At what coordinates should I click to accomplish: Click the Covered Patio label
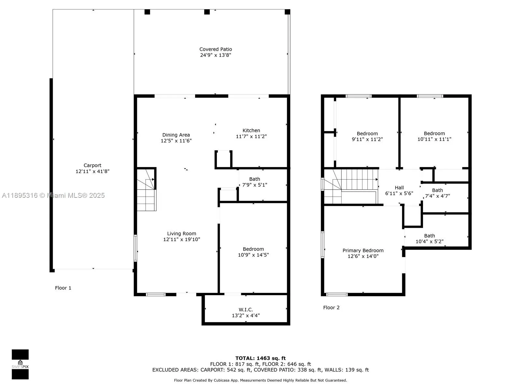pos(216,50)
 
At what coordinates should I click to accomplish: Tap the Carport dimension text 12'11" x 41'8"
pos(92,171)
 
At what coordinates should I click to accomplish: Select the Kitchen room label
pos(251,130)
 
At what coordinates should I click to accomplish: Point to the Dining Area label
pos(176,135)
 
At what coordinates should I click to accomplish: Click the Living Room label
pos(181,234)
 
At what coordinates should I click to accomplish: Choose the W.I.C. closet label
pos(246,310)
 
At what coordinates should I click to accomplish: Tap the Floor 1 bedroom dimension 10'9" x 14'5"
pos(253,255)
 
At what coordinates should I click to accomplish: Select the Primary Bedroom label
pos(363,251)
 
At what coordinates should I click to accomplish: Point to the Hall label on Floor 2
pos(399,188)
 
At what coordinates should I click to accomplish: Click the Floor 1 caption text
pos(63,288)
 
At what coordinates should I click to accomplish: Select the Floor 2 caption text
pos(331,308)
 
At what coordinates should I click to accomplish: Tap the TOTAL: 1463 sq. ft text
pos(260,358)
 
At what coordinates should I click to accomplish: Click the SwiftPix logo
pos(20,364)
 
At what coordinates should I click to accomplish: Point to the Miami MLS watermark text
pos(53,195)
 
